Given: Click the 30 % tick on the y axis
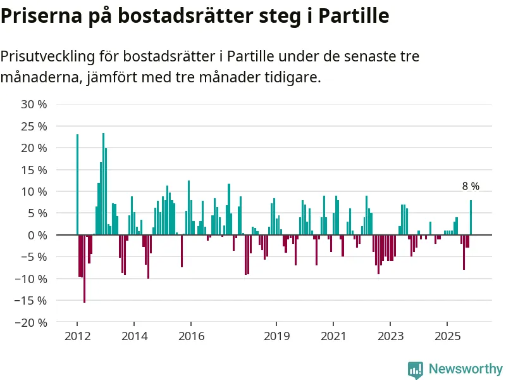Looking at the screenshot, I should pos(34,104).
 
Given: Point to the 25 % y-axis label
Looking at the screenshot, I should pos(34,126).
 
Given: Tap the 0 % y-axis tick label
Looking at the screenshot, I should pos(39,235).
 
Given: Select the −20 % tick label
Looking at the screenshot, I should pos(32,322).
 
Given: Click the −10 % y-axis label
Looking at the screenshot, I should pos(32,279).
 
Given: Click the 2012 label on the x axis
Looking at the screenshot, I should pos(77,335).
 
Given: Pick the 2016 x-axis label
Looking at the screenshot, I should pos(191,335).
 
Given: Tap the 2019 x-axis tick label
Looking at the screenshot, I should pos(276,335).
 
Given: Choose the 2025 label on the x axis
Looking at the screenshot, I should pos(447,335).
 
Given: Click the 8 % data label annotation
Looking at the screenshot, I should pos(471,186).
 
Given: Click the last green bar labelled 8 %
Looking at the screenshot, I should pos(471,217).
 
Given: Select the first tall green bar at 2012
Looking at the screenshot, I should pos(77,184).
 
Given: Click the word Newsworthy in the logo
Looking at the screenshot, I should pos(466,369).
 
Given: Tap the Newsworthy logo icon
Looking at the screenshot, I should pos(416,370).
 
